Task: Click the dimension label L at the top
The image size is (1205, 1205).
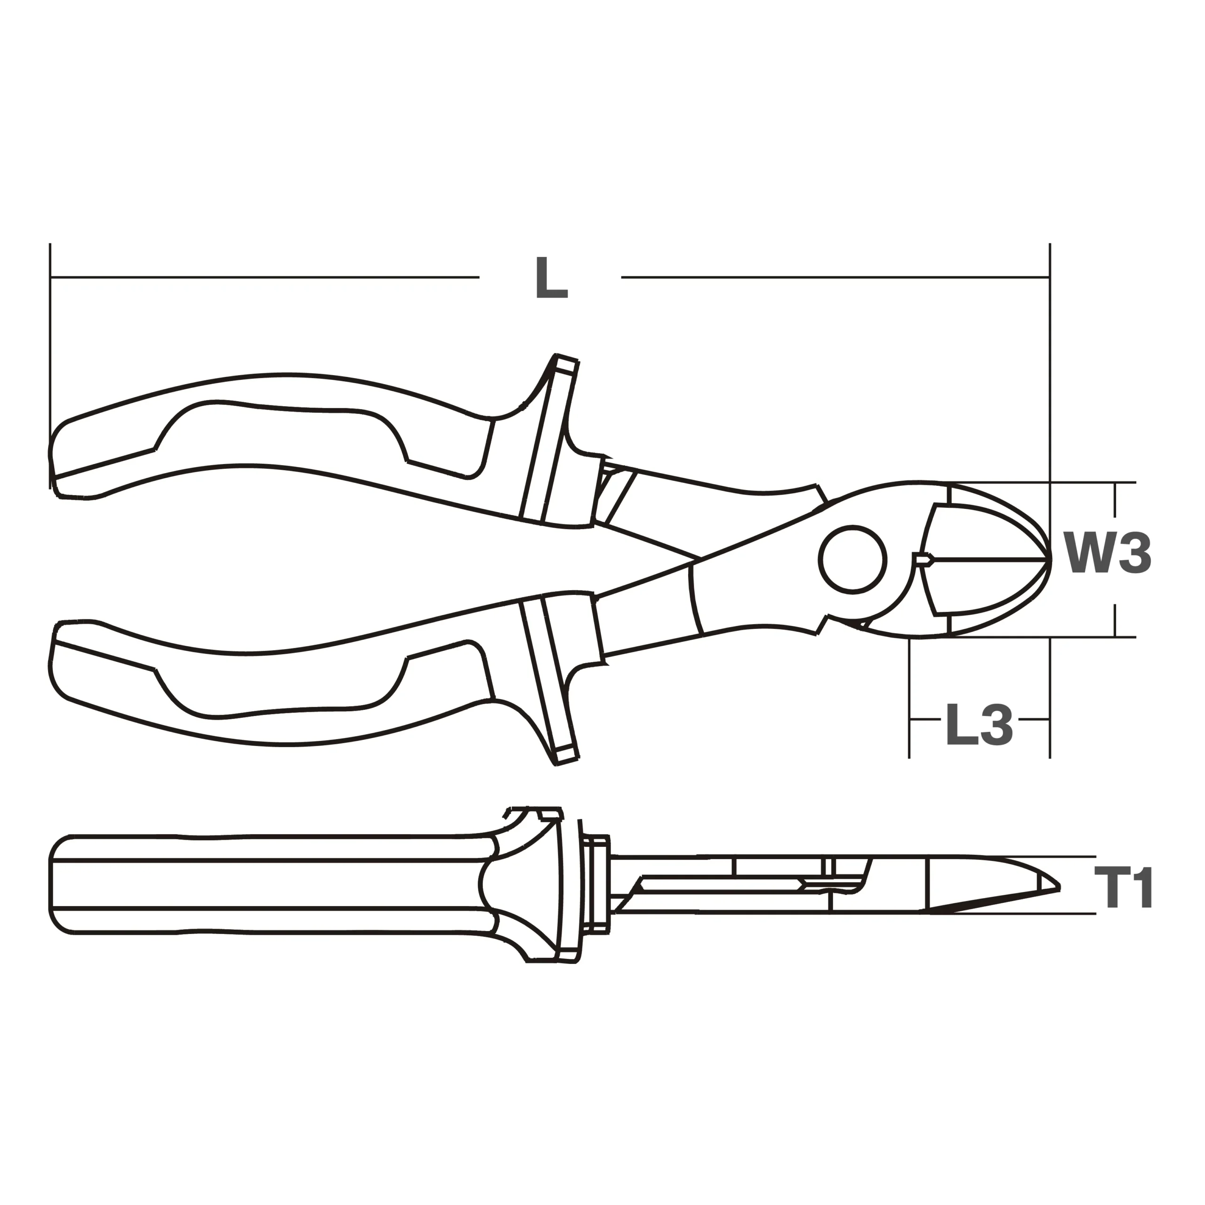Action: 551,278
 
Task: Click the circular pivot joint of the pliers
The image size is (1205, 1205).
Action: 852,560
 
